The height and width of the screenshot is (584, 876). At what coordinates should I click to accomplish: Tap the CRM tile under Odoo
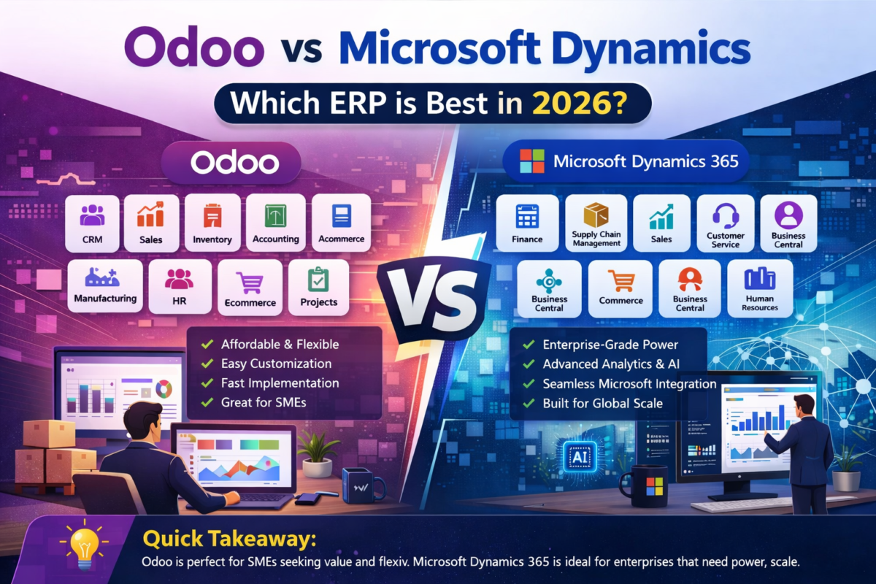93,223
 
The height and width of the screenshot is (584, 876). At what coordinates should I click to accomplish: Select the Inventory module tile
212,223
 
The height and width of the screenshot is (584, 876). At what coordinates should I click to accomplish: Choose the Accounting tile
275,223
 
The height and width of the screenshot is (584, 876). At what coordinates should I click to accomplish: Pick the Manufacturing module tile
105,285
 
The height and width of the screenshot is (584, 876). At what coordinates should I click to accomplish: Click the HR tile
179,285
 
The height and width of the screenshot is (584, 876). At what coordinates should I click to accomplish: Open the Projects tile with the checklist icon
319,285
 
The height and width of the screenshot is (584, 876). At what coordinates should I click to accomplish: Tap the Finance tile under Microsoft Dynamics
527,223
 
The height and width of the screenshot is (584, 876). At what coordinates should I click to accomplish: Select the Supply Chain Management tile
596,223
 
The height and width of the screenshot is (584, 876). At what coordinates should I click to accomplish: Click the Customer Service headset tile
726,223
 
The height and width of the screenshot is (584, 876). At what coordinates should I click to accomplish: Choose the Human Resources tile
761,288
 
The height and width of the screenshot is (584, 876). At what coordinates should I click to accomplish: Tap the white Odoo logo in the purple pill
234,162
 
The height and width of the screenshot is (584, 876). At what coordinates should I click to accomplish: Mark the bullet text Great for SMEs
263,401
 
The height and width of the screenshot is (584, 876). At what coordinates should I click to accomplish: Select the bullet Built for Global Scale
602,403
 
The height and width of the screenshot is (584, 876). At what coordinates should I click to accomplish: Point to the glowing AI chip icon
577,456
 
